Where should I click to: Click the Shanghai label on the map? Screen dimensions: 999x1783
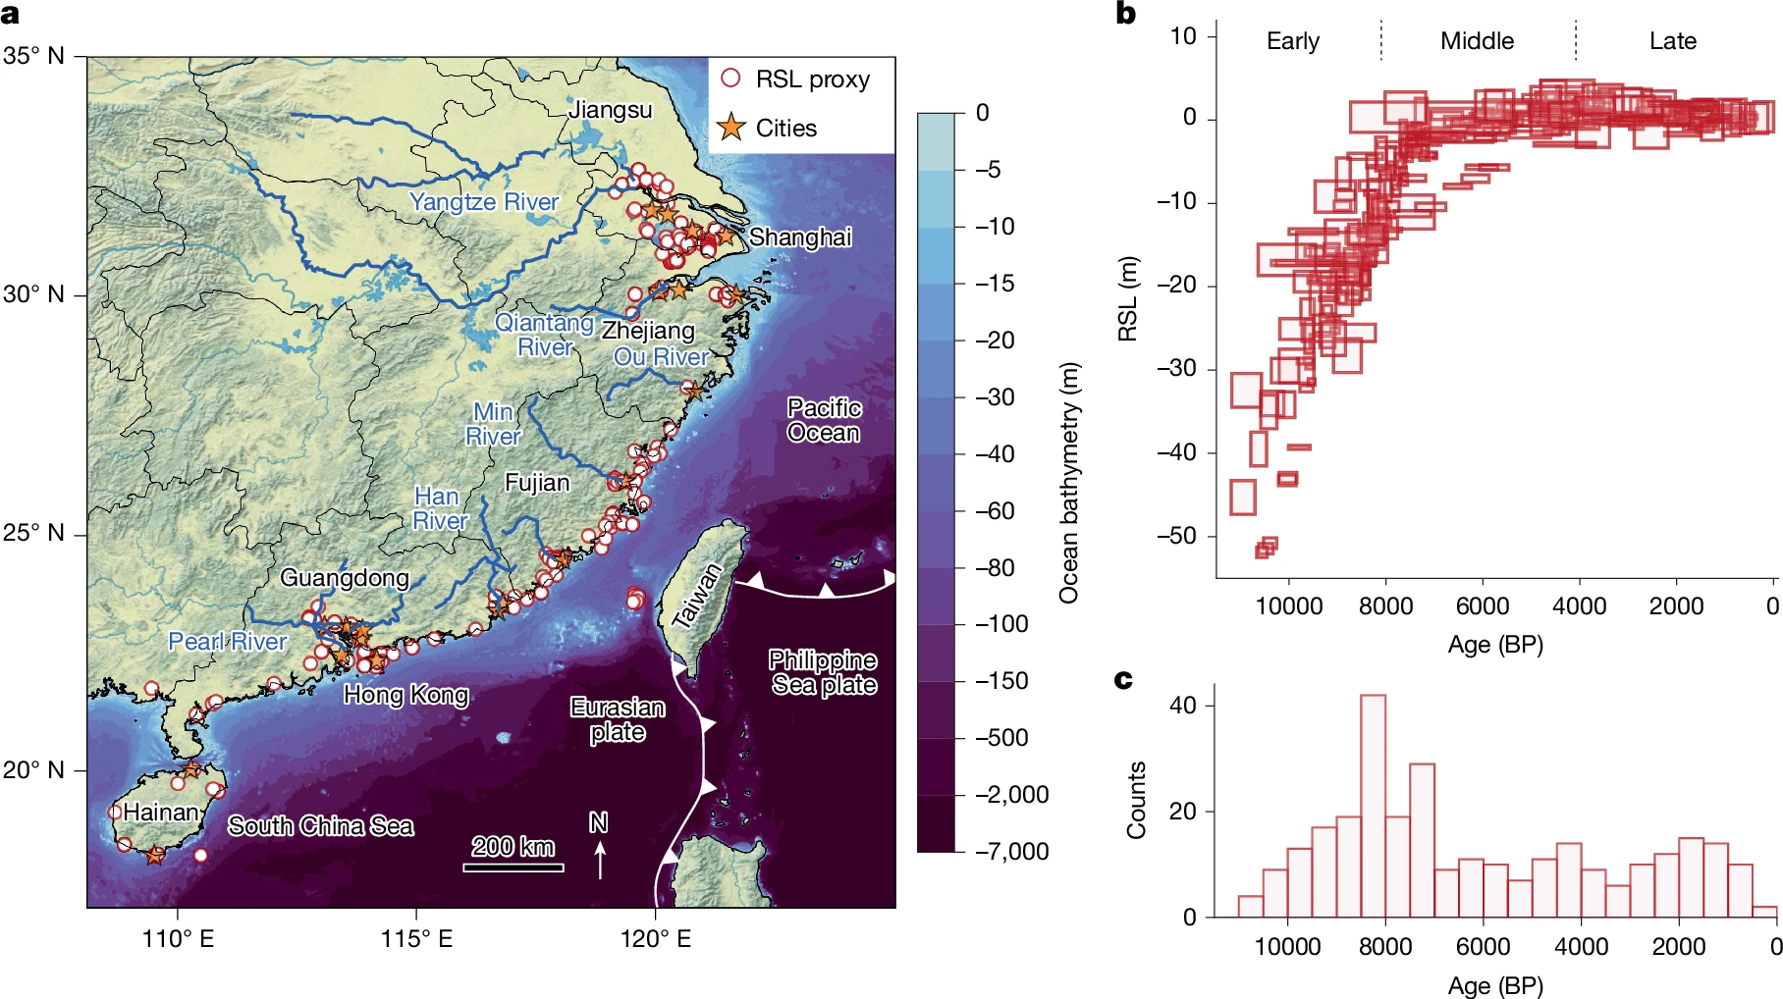800,237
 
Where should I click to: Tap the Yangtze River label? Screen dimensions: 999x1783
483,202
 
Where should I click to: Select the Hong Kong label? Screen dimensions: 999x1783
405,695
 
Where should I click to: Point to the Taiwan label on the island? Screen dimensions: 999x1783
696,595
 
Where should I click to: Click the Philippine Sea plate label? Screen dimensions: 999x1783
823,672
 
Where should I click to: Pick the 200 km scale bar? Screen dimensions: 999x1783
513,867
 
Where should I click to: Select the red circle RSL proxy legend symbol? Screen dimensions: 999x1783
730,79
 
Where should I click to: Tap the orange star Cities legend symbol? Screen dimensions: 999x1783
730,128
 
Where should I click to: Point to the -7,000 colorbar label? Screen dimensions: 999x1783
1011,852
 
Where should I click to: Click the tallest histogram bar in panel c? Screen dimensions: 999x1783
1373,805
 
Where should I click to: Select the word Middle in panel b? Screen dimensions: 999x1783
1477,41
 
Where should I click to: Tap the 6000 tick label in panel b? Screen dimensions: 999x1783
1482,606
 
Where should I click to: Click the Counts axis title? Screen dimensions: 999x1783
1136,800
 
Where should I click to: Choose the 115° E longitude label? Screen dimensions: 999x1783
416,939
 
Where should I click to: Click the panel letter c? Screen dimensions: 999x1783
1123,679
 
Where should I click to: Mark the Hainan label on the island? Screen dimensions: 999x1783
161,813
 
